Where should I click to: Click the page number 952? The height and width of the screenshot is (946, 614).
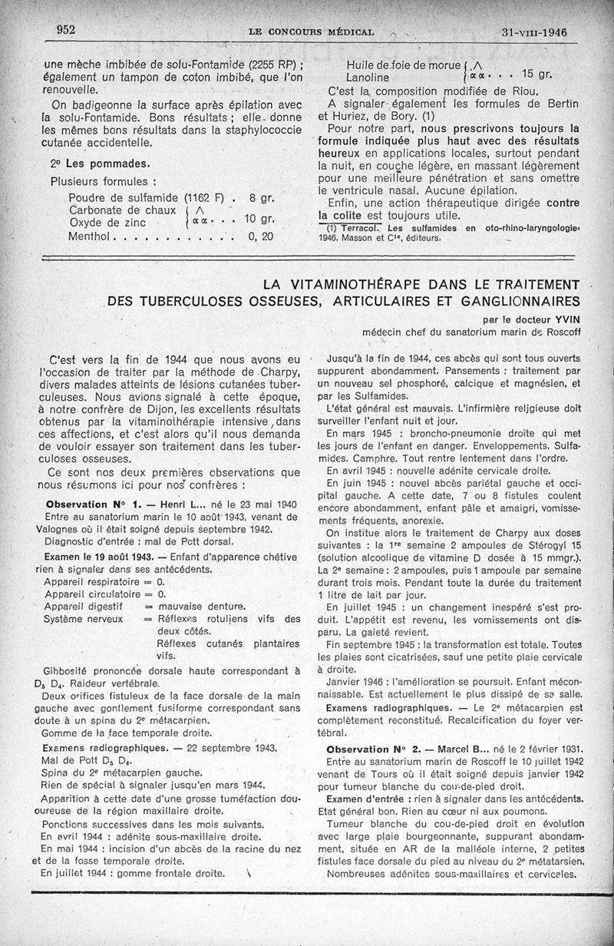click(x=70, y=29)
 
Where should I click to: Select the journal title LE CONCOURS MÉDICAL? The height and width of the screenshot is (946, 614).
click(x=312, y=32)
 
